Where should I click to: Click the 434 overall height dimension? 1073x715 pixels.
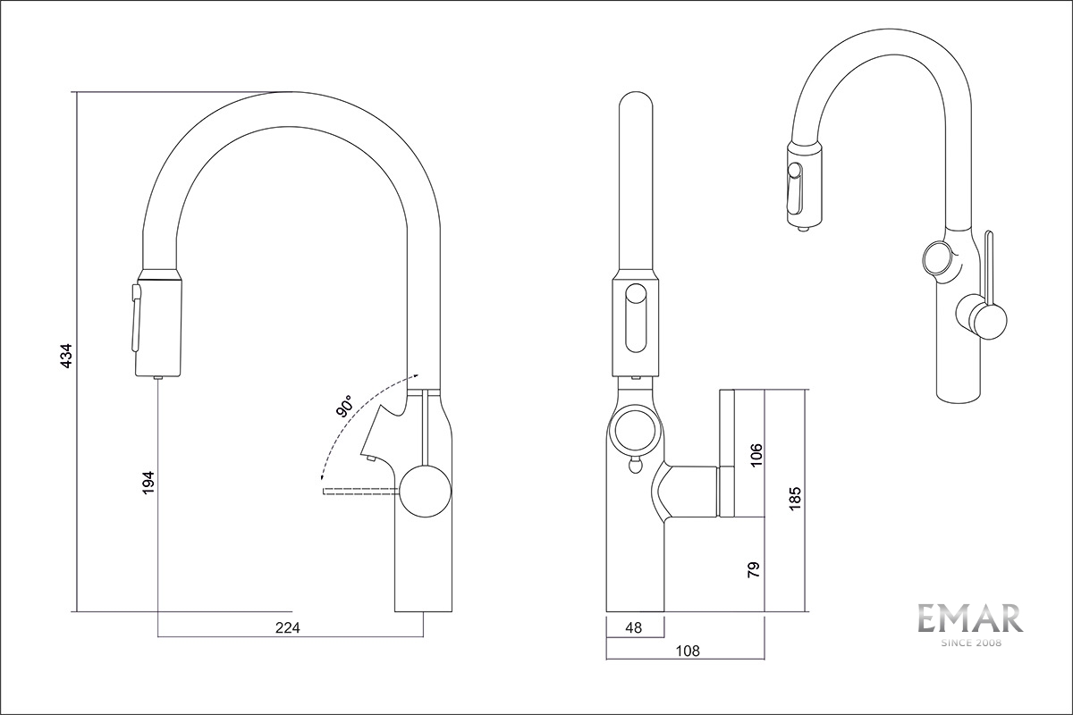tap(65, 356)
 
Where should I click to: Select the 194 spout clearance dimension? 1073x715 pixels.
tap(148, 482)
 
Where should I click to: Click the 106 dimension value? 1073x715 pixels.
tap(756, 454)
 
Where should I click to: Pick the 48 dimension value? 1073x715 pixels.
tap(634, 627)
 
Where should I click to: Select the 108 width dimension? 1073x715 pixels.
tap(685, 651)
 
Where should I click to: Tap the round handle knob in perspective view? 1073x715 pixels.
tap(981, 318)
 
